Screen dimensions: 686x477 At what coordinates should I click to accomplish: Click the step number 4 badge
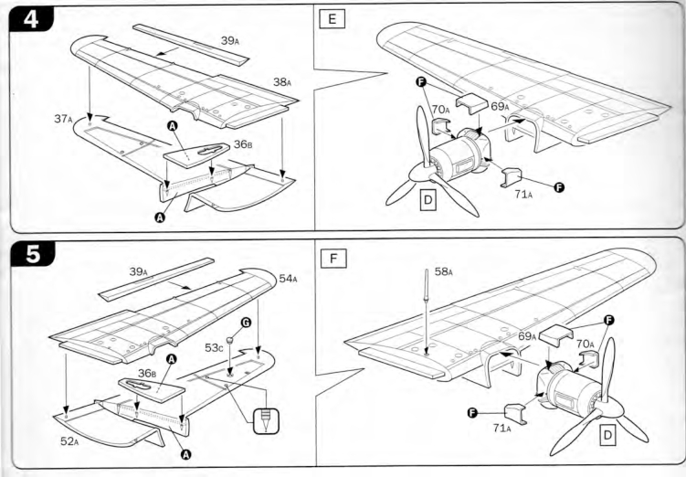(31, 20)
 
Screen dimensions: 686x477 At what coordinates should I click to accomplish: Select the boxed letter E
(332, 20)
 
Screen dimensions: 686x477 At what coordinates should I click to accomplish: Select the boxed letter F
(333, 259)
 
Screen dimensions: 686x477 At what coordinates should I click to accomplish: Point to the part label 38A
(282, 82)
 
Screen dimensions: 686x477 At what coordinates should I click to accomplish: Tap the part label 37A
(63, 119)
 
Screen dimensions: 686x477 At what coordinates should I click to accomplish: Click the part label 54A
(288, 279)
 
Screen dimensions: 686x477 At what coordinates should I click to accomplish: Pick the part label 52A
(69, 441)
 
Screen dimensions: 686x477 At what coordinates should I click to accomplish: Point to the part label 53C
(214, 348)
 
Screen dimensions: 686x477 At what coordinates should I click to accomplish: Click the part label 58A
(444, 271)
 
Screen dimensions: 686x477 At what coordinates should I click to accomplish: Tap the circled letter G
(246, 323)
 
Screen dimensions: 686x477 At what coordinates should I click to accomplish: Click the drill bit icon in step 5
(266, 421)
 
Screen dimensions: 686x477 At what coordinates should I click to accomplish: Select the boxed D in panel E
(427, 200)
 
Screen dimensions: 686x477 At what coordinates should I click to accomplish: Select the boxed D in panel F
(607, 436)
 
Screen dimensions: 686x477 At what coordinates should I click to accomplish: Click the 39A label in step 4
(230, 41)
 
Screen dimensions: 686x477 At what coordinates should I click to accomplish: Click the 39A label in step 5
(139, 271)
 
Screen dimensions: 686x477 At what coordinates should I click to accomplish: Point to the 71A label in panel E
(523, 194)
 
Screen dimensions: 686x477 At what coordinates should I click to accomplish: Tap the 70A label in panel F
(586, 344)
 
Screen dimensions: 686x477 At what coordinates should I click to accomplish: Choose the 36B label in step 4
(243, 144)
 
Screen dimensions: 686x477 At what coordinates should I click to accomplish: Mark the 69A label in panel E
(500, 106)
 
